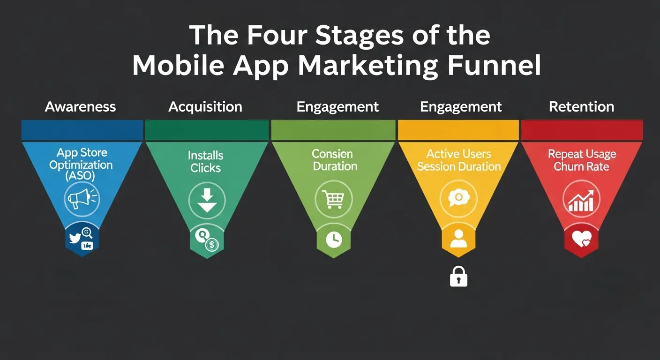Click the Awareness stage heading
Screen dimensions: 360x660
pos(80,107)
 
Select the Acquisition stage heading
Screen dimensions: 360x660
pos(205,107)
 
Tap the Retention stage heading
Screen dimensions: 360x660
pos(581,107)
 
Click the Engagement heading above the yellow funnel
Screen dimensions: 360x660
pos(461,107)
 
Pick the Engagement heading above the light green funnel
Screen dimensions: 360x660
pos(337,107)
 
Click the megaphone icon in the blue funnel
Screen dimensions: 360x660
pos(81,198)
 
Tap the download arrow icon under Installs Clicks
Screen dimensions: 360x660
pos(207,201)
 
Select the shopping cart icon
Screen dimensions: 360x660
pos(334,199)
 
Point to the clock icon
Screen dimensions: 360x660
pos(334,240)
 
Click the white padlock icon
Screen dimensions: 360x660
pos(458,278)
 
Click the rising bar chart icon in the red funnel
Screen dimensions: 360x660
pos(581,201)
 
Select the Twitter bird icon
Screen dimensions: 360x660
pos(75,238)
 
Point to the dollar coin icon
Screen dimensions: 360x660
pos(212,244)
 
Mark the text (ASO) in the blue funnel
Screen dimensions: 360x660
pos(81,177)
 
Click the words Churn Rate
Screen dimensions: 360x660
pos(581,167)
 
